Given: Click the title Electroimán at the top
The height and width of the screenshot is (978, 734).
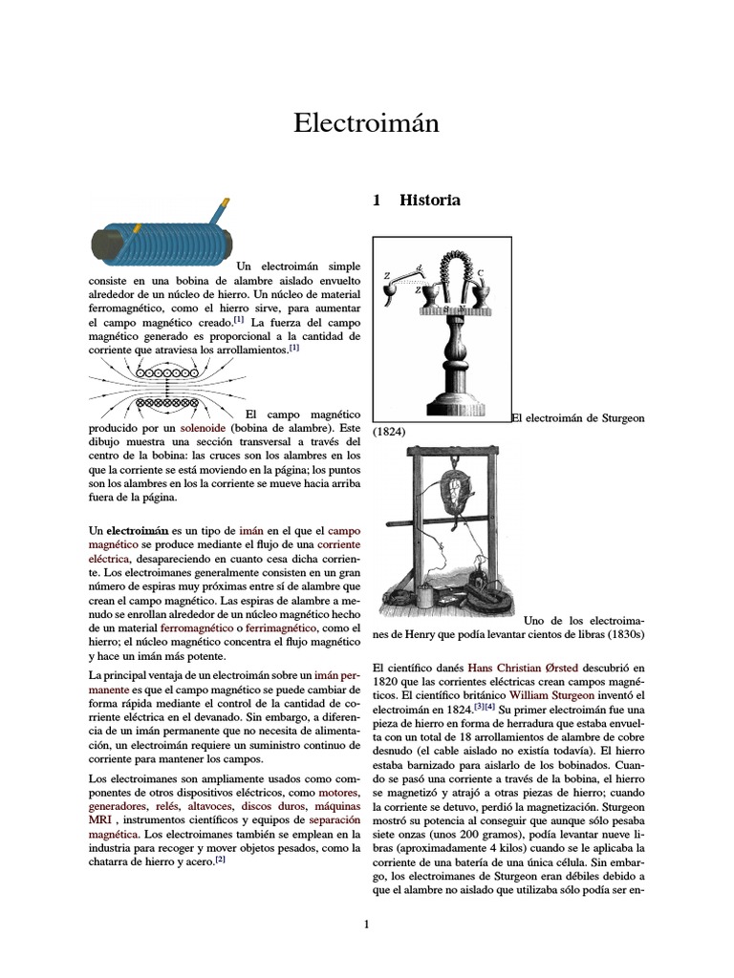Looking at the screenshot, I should [366, 123].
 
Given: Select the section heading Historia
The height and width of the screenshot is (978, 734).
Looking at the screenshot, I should [429, 201].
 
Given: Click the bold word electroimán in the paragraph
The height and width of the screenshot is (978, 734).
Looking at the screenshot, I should [138, 529].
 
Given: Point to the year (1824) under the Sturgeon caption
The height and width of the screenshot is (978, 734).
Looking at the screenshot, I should [389, 432].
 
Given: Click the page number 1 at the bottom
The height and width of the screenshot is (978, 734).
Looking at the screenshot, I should [366, 925].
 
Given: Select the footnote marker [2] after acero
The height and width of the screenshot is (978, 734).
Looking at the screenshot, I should [219, 858].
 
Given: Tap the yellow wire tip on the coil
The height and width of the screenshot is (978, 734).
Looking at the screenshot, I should [225, 203].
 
